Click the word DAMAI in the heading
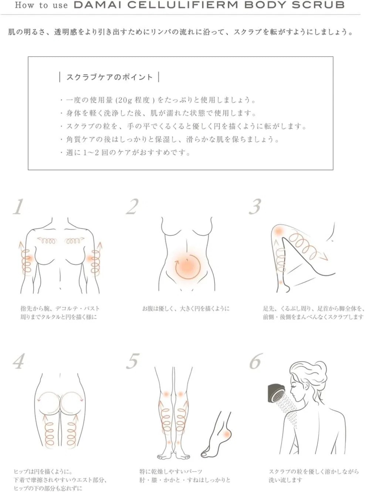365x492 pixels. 98,5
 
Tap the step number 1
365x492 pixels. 18,206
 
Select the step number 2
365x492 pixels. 132,206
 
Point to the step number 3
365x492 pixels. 255,206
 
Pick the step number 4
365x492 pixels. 18,361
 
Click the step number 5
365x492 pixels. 133,361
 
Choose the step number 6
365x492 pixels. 256,361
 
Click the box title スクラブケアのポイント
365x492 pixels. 109,77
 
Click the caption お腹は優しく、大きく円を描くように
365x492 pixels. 186,309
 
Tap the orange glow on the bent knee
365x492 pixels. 278,231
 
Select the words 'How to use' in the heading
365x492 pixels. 41,5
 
